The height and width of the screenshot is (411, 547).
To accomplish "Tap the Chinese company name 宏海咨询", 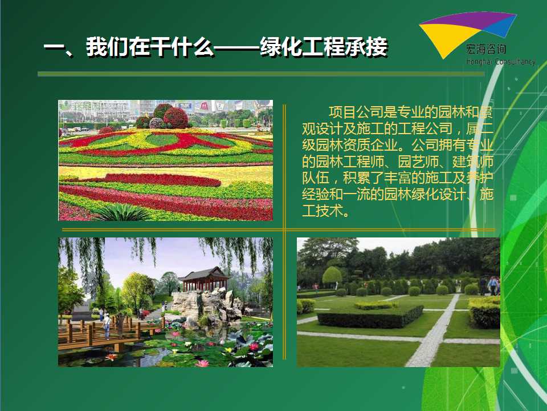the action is pyautogui.click(x=486, y=49).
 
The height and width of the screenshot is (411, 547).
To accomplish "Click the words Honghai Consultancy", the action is pyautogui.click(x=500, y=62).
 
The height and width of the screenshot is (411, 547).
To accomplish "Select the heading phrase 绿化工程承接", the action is pyautogui.click(x=324, y=47).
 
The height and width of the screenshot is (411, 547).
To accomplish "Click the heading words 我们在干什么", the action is pyautogui.click(x=150, y=47).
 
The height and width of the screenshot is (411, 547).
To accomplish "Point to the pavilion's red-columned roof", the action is pyautogui.click(x=204, y=278).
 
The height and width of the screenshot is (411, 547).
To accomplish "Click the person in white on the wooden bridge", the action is pyautogui.click(x=107, y=326).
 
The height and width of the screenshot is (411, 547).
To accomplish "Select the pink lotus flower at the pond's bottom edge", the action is pyautogui.click(x=202, y=363).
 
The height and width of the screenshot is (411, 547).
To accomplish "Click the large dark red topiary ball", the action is pyautogui.click(x=175, y=118).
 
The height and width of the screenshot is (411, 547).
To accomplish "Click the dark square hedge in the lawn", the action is pyautogui.click(x=370, y=316).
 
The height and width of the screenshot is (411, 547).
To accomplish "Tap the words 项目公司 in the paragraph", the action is pyautogui.click(x=356, y=112).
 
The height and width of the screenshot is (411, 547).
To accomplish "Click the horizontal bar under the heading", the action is pyautogui.click(x=261, y=74).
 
